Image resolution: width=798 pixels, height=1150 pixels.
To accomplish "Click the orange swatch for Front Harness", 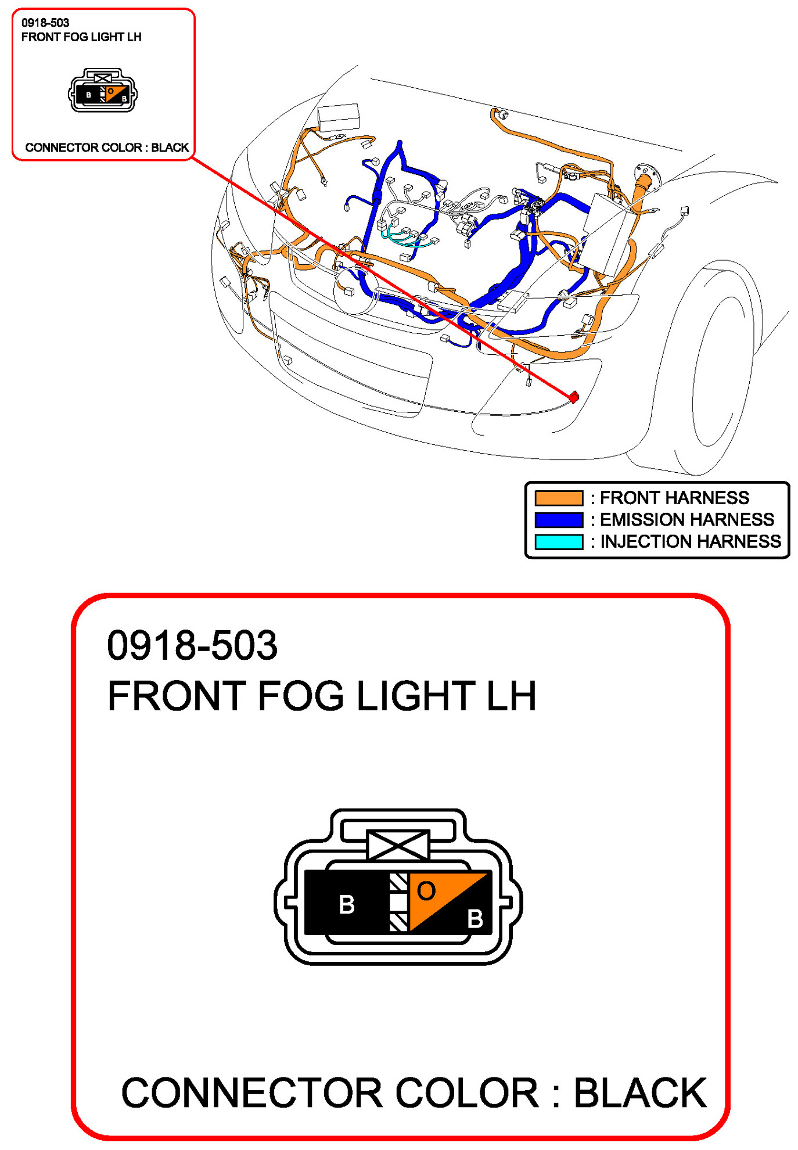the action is pyautogui.click(x=558, y=498).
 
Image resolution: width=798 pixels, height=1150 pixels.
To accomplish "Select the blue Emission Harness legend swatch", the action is pyautogui.click(x=558, y=519).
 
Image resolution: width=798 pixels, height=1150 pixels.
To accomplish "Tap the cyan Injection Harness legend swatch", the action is pyautogui.click(x=558, y=541).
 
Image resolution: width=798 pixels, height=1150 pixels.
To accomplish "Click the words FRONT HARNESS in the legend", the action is pyautogui.click(x=674, y=498).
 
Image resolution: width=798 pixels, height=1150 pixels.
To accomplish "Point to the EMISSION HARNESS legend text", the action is pyautogui.click(x=686, y=519).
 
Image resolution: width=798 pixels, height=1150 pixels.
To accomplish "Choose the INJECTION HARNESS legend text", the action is pyautogui.click(x=690, y=541).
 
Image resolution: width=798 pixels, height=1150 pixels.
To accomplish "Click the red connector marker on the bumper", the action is pyautogui.click(x=574, y=397).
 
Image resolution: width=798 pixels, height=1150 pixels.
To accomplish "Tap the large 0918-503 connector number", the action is pyautogui.click(x=192, y=645).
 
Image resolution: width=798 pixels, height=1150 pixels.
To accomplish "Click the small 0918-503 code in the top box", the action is pyautogui.click(x=45, y=23).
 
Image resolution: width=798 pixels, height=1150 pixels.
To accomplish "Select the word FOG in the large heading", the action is pyautogui.click(x=300, y=696).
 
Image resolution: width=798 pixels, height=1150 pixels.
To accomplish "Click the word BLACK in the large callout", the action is pyautogui.click(x=640, y=1093).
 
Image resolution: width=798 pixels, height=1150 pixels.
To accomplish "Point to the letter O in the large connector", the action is pyautogui.click(x=426, y=891).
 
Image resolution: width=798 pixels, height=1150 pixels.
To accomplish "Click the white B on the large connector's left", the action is pyautogui.click(x=347, y=904).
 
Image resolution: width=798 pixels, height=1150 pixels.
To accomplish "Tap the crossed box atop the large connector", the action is pyautogui.click(x=398, y=845).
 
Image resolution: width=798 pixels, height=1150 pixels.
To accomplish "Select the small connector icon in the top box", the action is pyautogui.click(x=103, y=91).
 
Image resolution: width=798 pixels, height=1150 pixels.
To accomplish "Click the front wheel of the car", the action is pyautogui.click(x=711, y=372).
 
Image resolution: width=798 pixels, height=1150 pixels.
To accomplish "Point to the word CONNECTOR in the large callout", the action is pyautogui.click(x=251, y=1093).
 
